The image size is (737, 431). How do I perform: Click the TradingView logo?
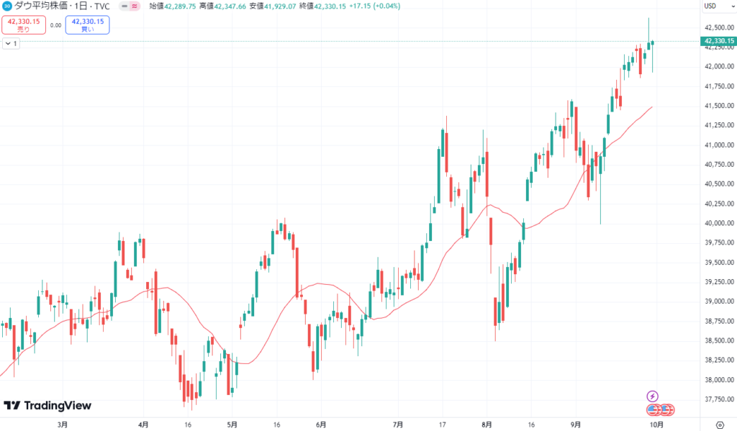pos(48,406)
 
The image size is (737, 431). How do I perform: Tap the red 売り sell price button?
pos(24,25)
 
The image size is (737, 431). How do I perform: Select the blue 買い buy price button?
pos(87,25)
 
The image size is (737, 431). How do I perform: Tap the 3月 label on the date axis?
pos(63,425)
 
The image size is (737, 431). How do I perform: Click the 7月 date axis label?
pos(397,425)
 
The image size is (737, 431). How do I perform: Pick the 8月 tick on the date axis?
pos(487,425)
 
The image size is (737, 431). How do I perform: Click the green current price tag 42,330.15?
pos(718,41)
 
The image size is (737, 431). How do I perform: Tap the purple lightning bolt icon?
pos(652,396)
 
